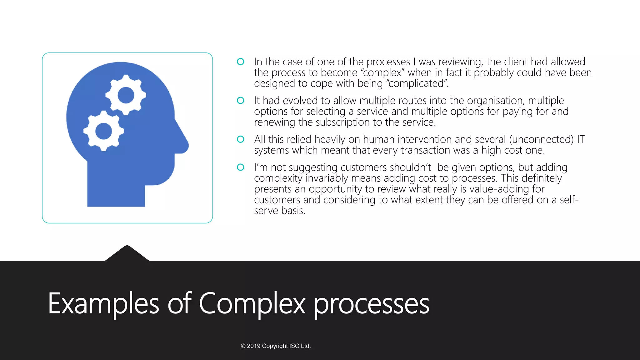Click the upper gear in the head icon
pyautogui.click(x=126, y=95)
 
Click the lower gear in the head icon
pyautogui.click(x=103, y=131)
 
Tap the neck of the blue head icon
pyautogui.click(x=116, y=187)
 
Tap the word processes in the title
pyautogui.click(x=371, y=304)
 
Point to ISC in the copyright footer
pyautogui.click(x=294, y=346)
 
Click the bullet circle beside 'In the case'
pyautogui.click(x=240, y=62)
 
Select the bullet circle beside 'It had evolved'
pyautogui.click(x=240, y=100)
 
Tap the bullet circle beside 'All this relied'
pyautogui.click(x=240, y=139)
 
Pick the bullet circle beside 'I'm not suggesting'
pyautogui.click(x=240, y=167)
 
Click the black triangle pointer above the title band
pyautogui.click(x=127, y=254)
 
